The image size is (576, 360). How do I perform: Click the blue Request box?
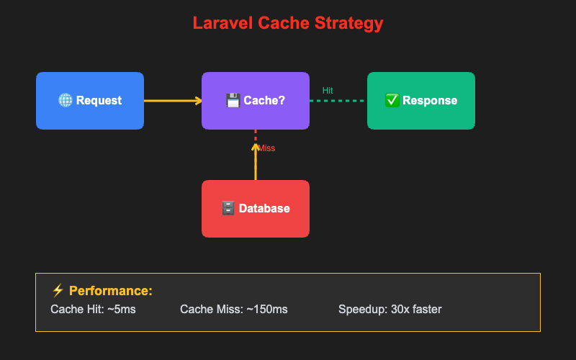(x=90, y=101)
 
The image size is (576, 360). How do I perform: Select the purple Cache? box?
(x=256, y=101)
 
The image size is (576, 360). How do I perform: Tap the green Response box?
(x=421, y=101)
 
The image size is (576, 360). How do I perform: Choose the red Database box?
(x=256, y=209)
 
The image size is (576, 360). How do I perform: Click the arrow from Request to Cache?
(x=173, y=101)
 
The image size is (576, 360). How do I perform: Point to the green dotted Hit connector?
(x=338, y=101)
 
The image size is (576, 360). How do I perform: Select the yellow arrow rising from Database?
(x=256, y=162)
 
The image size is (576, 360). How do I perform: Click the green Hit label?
(x=328, y=91)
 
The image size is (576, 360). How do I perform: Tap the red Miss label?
(x=266, y=148)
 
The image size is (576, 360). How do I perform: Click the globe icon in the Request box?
(x=65, y=101)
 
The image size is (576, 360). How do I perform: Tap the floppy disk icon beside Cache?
(x=233, y=101)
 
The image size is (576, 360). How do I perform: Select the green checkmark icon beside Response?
(x=392, y=101)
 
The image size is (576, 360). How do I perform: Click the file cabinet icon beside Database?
(x=228, y=209)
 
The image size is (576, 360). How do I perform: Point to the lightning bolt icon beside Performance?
(x=58, y=291)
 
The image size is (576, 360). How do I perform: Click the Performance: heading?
(x=111, y=291)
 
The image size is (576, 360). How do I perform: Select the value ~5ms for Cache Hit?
(x=120, y=310)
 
